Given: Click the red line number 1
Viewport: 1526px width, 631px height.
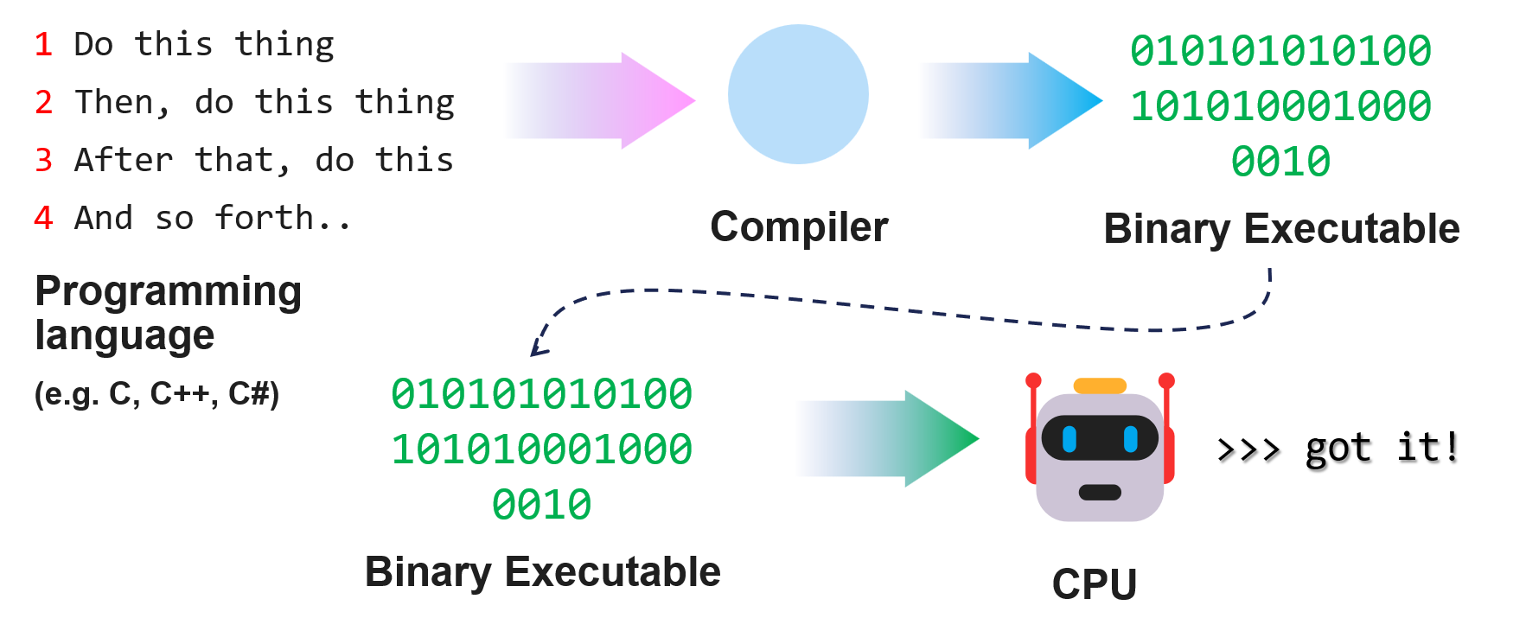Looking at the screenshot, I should click(43, 45).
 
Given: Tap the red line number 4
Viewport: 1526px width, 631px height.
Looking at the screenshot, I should click(43, 219).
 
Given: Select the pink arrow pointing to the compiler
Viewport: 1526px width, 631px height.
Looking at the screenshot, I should click(605, 100).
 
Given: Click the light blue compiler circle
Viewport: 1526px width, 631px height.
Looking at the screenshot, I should click(797, 94).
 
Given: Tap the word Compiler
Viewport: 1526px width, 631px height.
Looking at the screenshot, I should click(799, 227).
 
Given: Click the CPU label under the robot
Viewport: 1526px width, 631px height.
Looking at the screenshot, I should click(1094, 584).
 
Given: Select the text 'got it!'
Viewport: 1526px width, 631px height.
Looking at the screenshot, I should click(1382, 448).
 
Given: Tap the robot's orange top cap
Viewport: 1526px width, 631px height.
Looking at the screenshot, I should click(1099, 386).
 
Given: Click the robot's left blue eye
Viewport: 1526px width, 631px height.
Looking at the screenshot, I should click(1069, 439).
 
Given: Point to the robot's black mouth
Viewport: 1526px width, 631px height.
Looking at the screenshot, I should click(1100, 493).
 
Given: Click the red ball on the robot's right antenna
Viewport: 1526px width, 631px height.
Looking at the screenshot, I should click(1166, 380).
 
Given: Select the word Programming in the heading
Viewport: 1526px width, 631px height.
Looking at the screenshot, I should click(169, 292).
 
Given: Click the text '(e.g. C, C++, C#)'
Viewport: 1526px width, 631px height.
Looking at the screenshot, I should click(156, 394).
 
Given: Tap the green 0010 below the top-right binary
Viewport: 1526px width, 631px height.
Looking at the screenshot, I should click(1280, 162).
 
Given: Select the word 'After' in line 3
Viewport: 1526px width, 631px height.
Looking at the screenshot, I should click(124, 161).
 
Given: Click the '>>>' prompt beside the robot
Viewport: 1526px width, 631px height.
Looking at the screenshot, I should click(1248, 449).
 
